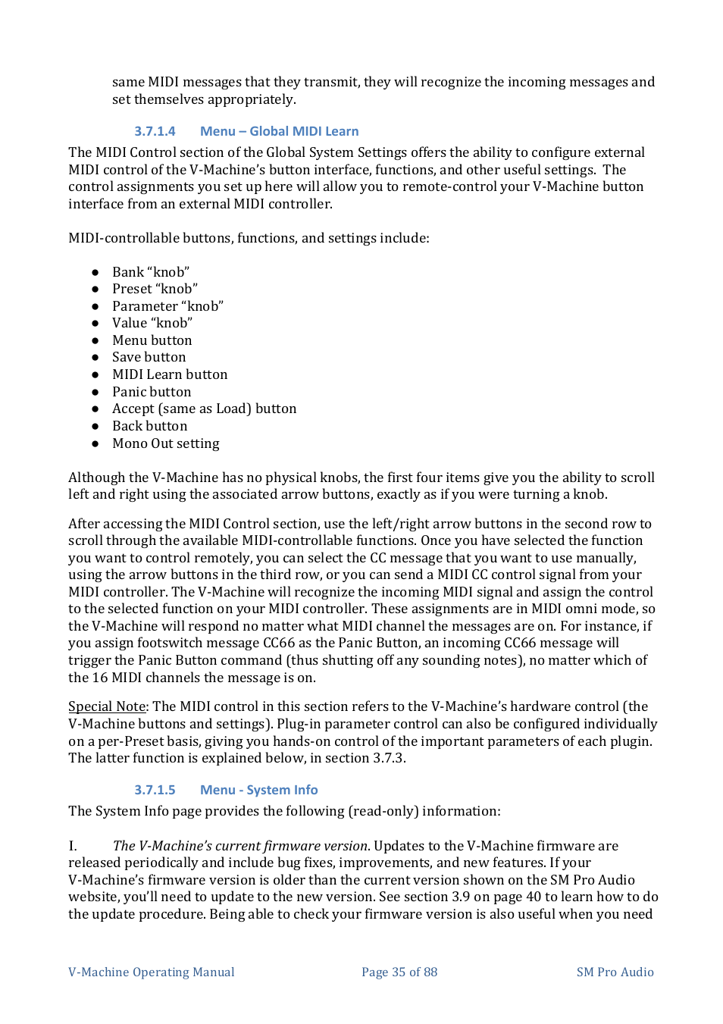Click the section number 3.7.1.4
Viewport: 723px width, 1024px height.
coord(155,131)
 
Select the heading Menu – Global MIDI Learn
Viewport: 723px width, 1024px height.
coord(279,131)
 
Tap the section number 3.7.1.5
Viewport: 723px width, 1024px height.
coord(155,790)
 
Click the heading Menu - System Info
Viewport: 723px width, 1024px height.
coord(258,790)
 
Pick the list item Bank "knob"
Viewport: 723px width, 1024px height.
coord(151,272)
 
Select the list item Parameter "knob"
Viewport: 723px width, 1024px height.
coord(167,306)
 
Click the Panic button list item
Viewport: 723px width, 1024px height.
coord(152,392)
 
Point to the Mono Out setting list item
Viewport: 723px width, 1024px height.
coord(165,443)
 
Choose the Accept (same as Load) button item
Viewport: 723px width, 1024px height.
coord(204,409)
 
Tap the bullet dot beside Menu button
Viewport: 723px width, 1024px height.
coord(95,341)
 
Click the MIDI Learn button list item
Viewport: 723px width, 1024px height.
coord(170,374)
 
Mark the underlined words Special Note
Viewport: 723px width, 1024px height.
coord(107,706)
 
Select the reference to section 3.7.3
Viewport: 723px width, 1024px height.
coord(388,758)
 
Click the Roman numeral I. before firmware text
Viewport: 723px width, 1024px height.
coord(73,846)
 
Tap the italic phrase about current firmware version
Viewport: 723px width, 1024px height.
coord(240,846)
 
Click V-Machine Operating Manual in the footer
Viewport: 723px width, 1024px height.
coord(152,972)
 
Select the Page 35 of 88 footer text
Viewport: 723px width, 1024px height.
coord(399,972)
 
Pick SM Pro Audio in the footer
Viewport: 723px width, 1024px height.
coord(615,972)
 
